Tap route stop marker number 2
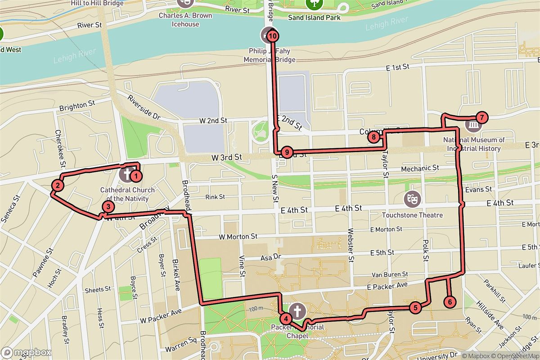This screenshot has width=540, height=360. (x=58, y=184)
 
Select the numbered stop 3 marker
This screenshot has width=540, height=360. (x=108, y=207)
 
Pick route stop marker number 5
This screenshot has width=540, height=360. (x=415, y=308)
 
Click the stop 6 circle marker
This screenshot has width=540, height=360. (x=449, y=301)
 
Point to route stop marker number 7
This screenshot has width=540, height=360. (x=481, y=118)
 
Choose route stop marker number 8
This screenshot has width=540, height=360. (x=373, y=137)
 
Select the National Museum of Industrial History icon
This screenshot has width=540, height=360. (x=473, y=125)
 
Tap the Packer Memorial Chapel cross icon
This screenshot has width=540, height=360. (x=297, y=310)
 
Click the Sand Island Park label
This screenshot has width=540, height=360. (x=314, y=18)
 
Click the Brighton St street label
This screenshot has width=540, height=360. (x=77, y=107)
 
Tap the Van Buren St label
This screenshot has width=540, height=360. (x=390, y=274)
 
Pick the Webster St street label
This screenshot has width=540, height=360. (x=351, y=243)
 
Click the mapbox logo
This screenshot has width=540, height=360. (x=27, y=352)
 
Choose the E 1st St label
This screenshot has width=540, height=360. (x=397, y=67)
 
